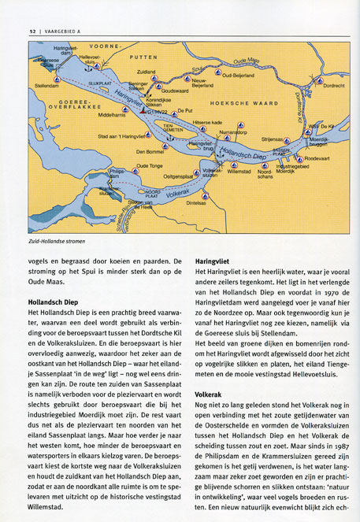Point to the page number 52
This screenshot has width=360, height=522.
point(32,30)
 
